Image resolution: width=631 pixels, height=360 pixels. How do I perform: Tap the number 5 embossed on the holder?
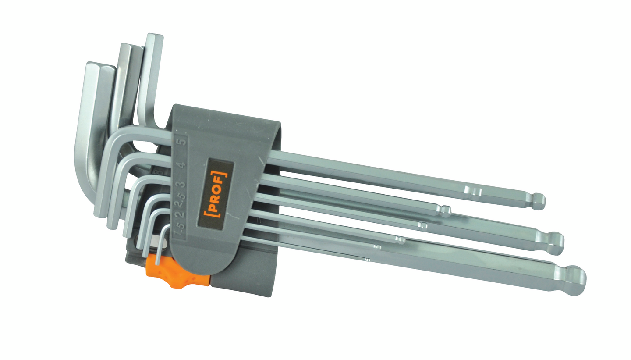(183, 142)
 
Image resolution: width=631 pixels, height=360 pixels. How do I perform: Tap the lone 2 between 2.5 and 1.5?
(180, 214)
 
